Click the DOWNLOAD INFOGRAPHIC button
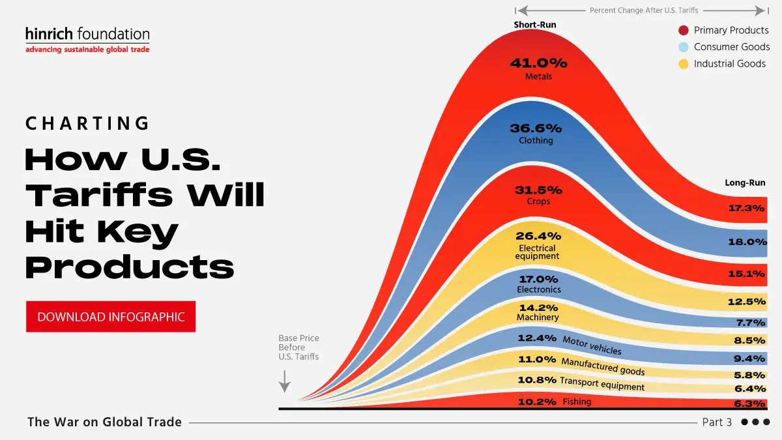(111, 317)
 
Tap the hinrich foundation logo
(87, 40)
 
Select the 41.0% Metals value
(538, 64)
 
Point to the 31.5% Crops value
(538, 190)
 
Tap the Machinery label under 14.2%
(538, 317)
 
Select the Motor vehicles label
(592, 345)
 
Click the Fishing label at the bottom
(577, 402)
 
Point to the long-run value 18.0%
(746, 242)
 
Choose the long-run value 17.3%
(746, 209)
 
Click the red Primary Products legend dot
(684, 31)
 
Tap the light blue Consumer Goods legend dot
(684, 47)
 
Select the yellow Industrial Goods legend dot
(684, 64)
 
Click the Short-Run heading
(535, 25)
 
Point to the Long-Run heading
(745, 183)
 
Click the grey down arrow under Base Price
(284, 381)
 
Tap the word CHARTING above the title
(88, 123)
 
